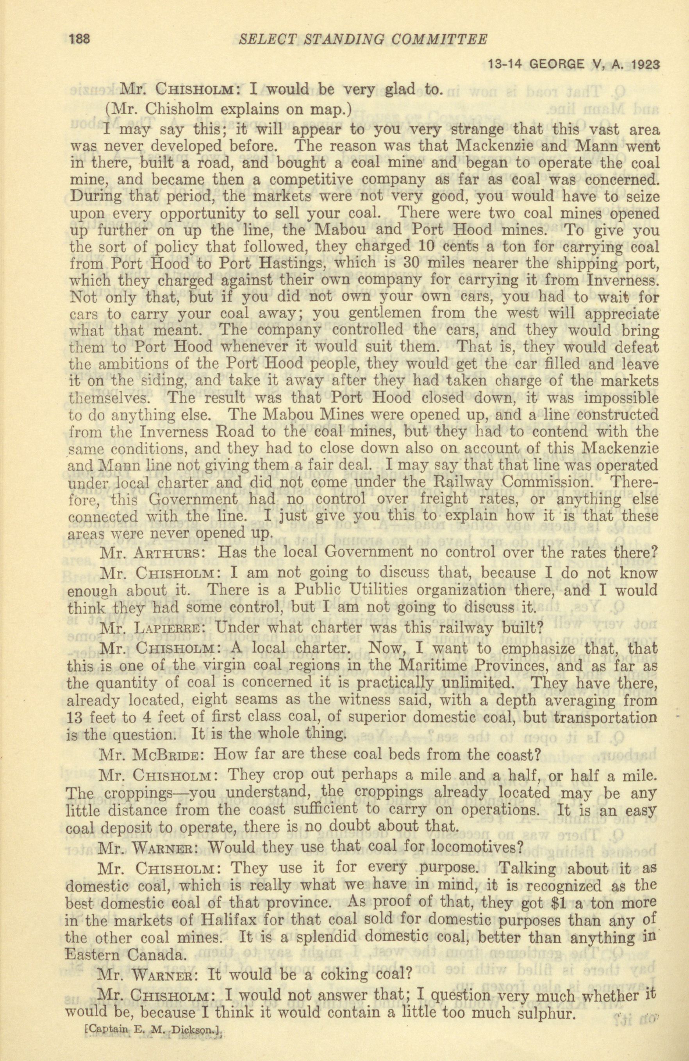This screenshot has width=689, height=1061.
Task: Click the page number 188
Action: pyautogui.click(x=80, y=40)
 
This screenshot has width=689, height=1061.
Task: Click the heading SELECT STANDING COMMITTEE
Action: pyautogui.click(x=362, y=40)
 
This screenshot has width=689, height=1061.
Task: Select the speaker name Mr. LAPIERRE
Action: pyautogui.click(x=153, y=629)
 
